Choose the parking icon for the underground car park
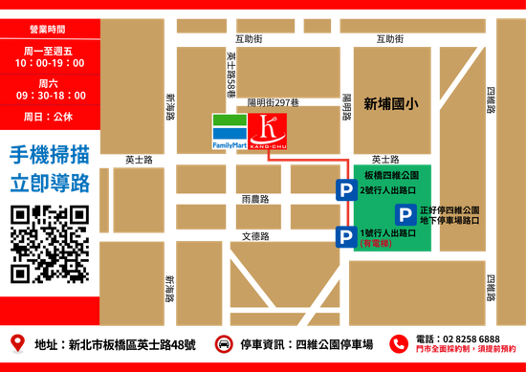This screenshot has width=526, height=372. click(x=406, y=214)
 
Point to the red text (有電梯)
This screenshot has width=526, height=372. click(x=376, y=244)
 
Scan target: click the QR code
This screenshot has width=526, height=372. click(x=50, y=243)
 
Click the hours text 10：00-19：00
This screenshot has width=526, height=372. click(x=50, y=63)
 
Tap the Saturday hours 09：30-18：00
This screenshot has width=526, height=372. click(x=50, y=96)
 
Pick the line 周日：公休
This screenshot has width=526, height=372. click(x=50, y=116)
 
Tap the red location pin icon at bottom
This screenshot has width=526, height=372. click(x=16, y=342)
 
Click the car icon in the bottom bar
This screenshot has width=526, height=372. click(x=223, y=343)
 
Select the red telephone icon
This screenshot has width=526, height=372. click(x=398, y=343)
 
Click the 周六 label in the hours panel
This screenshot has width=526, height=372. click(x=50, y=83)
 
